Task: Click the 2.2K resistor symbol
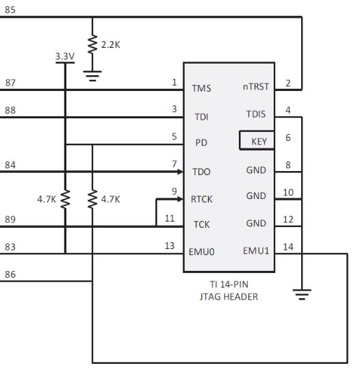pos(92,45)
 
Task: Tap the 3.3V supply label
pos(64,57)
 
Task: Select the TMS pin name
pos(202,88)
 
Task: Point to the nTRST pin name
pos(255,88)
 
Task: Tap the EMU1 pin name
pos(256,251)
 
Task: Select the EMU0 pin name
pos(202,252)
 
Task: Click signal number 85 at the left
pos(10,11)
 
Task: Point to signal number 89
pos(10,219)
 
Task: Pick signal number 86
pos(10,274)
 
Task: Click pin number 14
pos(288,246)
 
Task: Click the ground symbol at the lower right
pos(301,294)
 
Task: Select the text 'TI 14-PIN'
pos(228,285)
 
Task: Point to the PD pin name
pos(201,143)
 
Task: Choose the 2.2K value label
pos(111,44)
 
